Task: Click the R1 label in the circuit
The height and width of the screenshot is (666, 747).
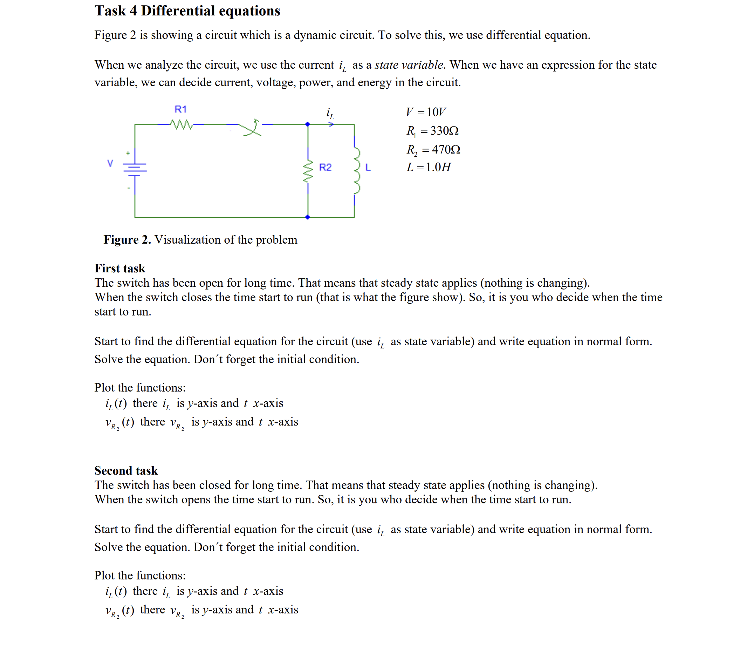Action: click(x=180, y=109)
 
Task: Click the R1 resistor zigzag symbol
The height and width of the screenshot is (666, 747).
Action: click(x=181, y=125)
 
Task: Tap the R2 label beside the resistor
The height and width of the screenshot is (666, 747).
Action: click(x=325, y=167)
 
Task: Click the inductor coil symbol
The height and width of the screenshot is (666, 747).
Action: click(x=356, y=170)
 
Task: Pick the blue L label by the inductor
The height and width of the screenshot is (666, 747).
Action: click(x=368, y=168)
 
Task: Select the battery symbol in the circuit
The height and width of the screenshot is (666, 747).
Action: click(x=135, y=168)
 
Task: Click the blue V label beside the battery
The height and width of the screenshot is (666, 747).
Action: click(x=110, y=163)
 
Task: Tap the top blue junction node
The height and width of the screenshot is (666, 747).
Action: click(x=308, y=124)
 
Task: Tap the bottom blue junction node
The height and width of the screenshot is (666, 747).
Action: click(x=308, y=217)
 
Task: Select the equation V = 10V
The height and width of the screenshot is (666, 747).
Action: click(x=426, y=111)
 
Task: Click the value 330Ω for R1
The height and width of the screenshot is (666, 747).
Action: click(x=444, y=131)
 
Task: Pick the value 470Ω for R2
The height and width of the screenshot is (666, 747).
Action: click(x=446, y=149)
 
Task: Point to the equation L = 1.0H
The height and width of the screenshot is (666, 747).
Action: click(x=429, y=167)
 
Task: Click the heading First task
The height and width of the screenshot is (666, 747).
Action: click(x=119, y=268)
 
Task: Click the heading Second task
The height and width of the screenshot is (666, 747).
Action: click(x=126, y=470)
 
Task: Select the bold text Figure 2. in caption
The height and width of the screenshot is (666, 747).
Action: click(x=127, y=240)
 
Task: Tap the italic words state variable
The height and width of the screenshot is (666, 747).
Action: click(x=409, y=65)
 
